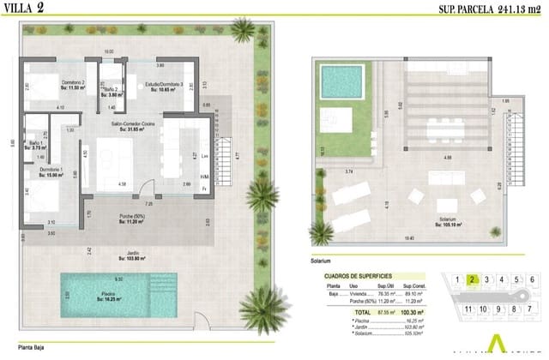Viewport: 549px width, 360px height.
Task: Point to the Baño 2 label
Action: (x=109, y=91)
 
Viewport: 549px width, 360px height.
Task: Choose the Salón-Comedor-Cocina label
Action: (x=130, y=127)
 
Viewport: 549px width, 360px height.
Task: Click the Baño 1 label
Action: (x=35, y=144)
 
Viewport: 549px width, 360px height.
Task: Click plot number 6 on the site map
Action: (x=532, y=279)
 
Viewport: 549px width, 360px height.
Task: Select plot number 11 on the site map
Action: (x=468, y=309)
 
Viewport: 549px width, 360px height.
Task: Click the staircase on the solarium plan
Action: (x=516, y=150)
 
